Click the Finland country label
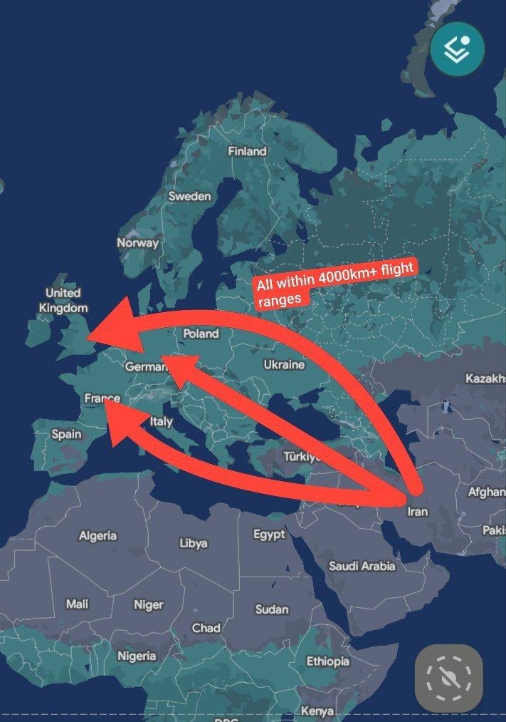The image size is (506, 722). (x=247, y=151)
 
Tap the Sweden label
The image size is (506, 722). (x=189, y=196)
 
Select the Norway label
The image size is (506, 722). (x=138, y=242)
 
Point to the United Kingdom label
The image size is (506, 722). (x=63, y=300)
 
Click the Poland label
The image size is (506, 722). (x=201, y=333)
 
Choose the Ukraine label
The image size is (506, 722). (x=284, y=364)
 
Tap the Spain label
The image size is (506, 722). (x=66, y=433)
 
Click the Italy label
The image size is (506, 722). (x=161, y=421)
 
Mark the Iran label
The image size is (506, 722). (x=417, y=511)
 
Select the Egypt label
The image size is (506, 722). (x=269, y=534)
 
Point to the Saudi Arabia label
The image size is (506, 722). (x=362, y=566)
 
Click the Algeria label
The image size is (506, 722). (x=97, y=535)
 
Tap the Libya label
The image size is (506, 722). (x=194, y=542)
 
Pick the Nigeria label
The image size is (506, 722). (x=137, y=656)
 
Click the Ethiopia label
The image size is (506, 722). (x=328, y=661)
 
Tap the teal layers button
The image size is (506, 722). (x=457, y=49)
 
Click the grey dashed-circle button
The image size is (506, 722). (x=449, y=678)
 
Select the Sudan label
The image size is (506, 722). (x=272, y=609)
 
